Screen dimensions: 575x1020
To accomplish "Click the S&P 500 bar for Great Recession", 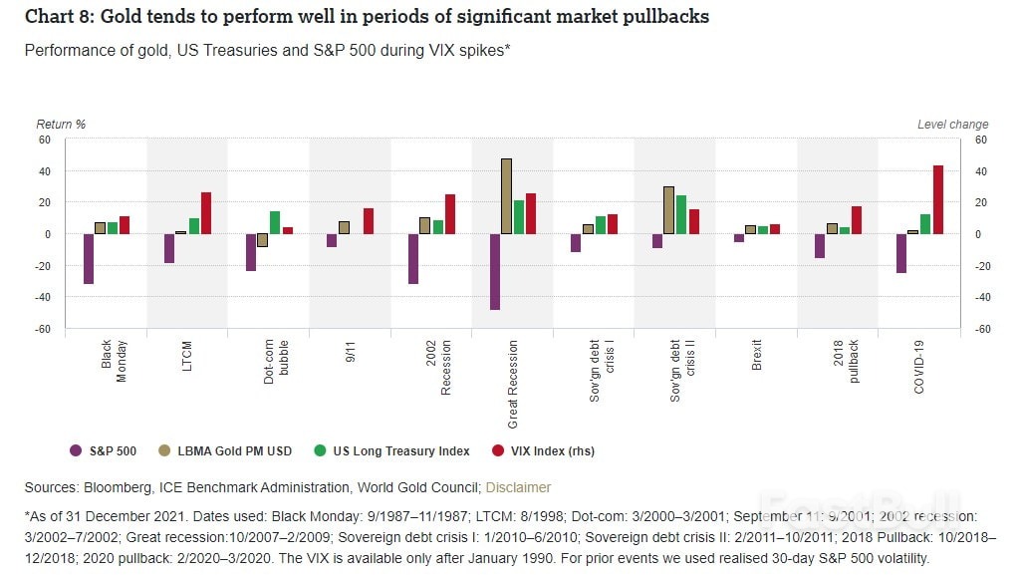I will pyautogui.click(x=495, y=271).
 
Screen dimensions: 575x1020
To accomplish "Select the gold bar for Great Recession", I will pyautogui.click(x=507, y=196).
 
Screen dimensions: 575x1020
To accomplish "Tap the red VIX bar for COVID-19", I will pyautogui.click(x=938, y=199).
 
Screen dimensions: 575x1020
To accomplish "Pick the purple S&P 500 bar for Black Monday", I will pyautogui.click(x=89, y=259).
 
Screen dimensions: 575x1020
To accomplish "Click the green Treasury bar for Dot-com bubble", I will pyautogui.click(x=275, y=222).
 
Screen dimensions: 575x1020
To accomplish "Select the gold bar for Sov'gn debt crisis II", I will pyautogui.click(x=668, y=210).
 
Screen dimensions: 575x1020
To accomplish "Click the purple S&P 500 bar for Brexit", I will pyautogui.click(x=739, y=238).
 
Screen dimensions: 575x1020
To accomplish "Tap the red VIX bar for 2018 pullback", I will pyautogui.click(x=857, y=220).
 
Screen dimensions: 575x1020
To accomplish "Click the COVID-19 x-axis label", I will pyautogui.click(x=918, y=368).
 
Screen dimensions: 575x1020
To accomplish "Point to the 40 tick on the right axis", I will pyautogui.click(x=980, y=171).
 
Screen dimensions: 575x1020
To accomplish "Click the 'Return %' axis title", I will pyautogui.click(x=61, y=125).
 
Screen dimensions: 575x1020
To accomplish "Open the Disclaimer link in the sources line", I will pyautogui.click(x=518, y=487).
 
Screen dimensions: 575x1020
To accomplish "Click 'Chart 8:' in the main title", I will pyautogui.click(x=56, y=17).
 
